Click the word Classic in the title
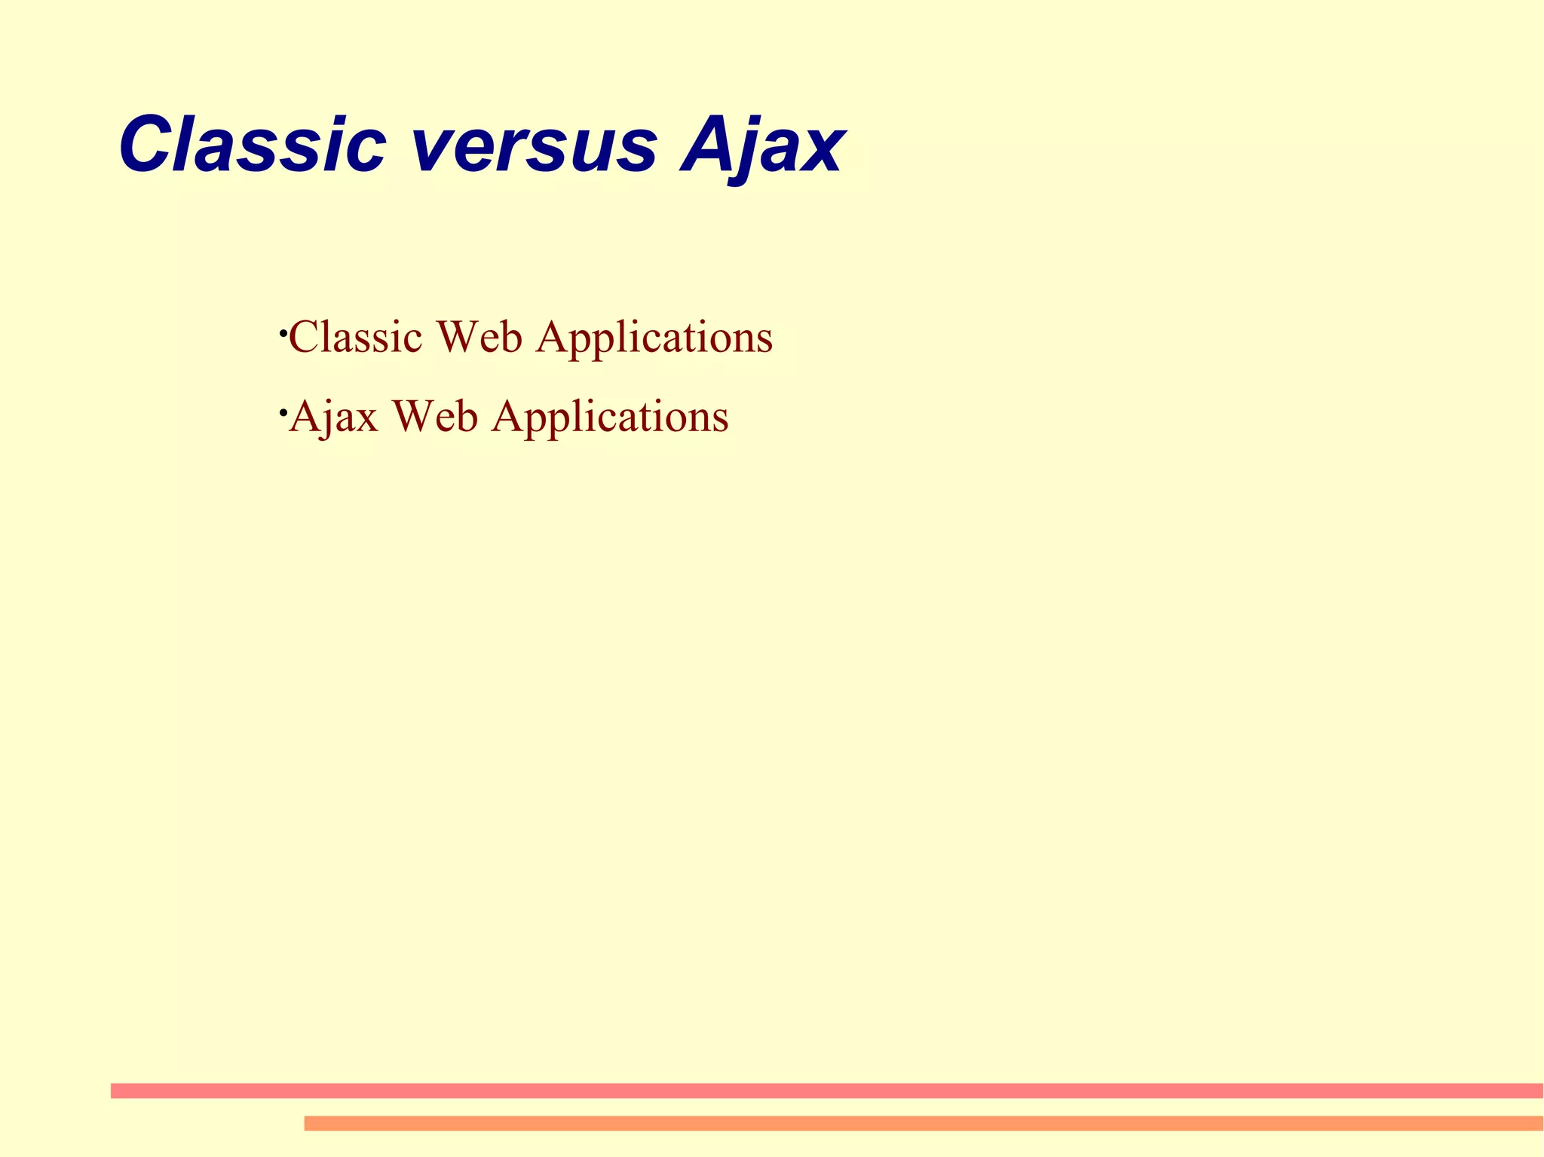pos(253,145)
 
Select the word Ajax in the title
pos(761,147)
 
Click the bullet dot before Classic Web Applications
pos(281,332)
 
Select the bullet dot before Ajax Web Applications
pos(281,412)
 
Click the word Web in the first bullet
pos(478,337)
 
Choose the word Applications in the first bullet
pos(654,338)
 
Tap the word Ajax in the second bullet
pos(333,417)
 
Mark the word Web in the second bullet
pos(434,417)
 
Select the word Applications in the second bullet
pos(610,418)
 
